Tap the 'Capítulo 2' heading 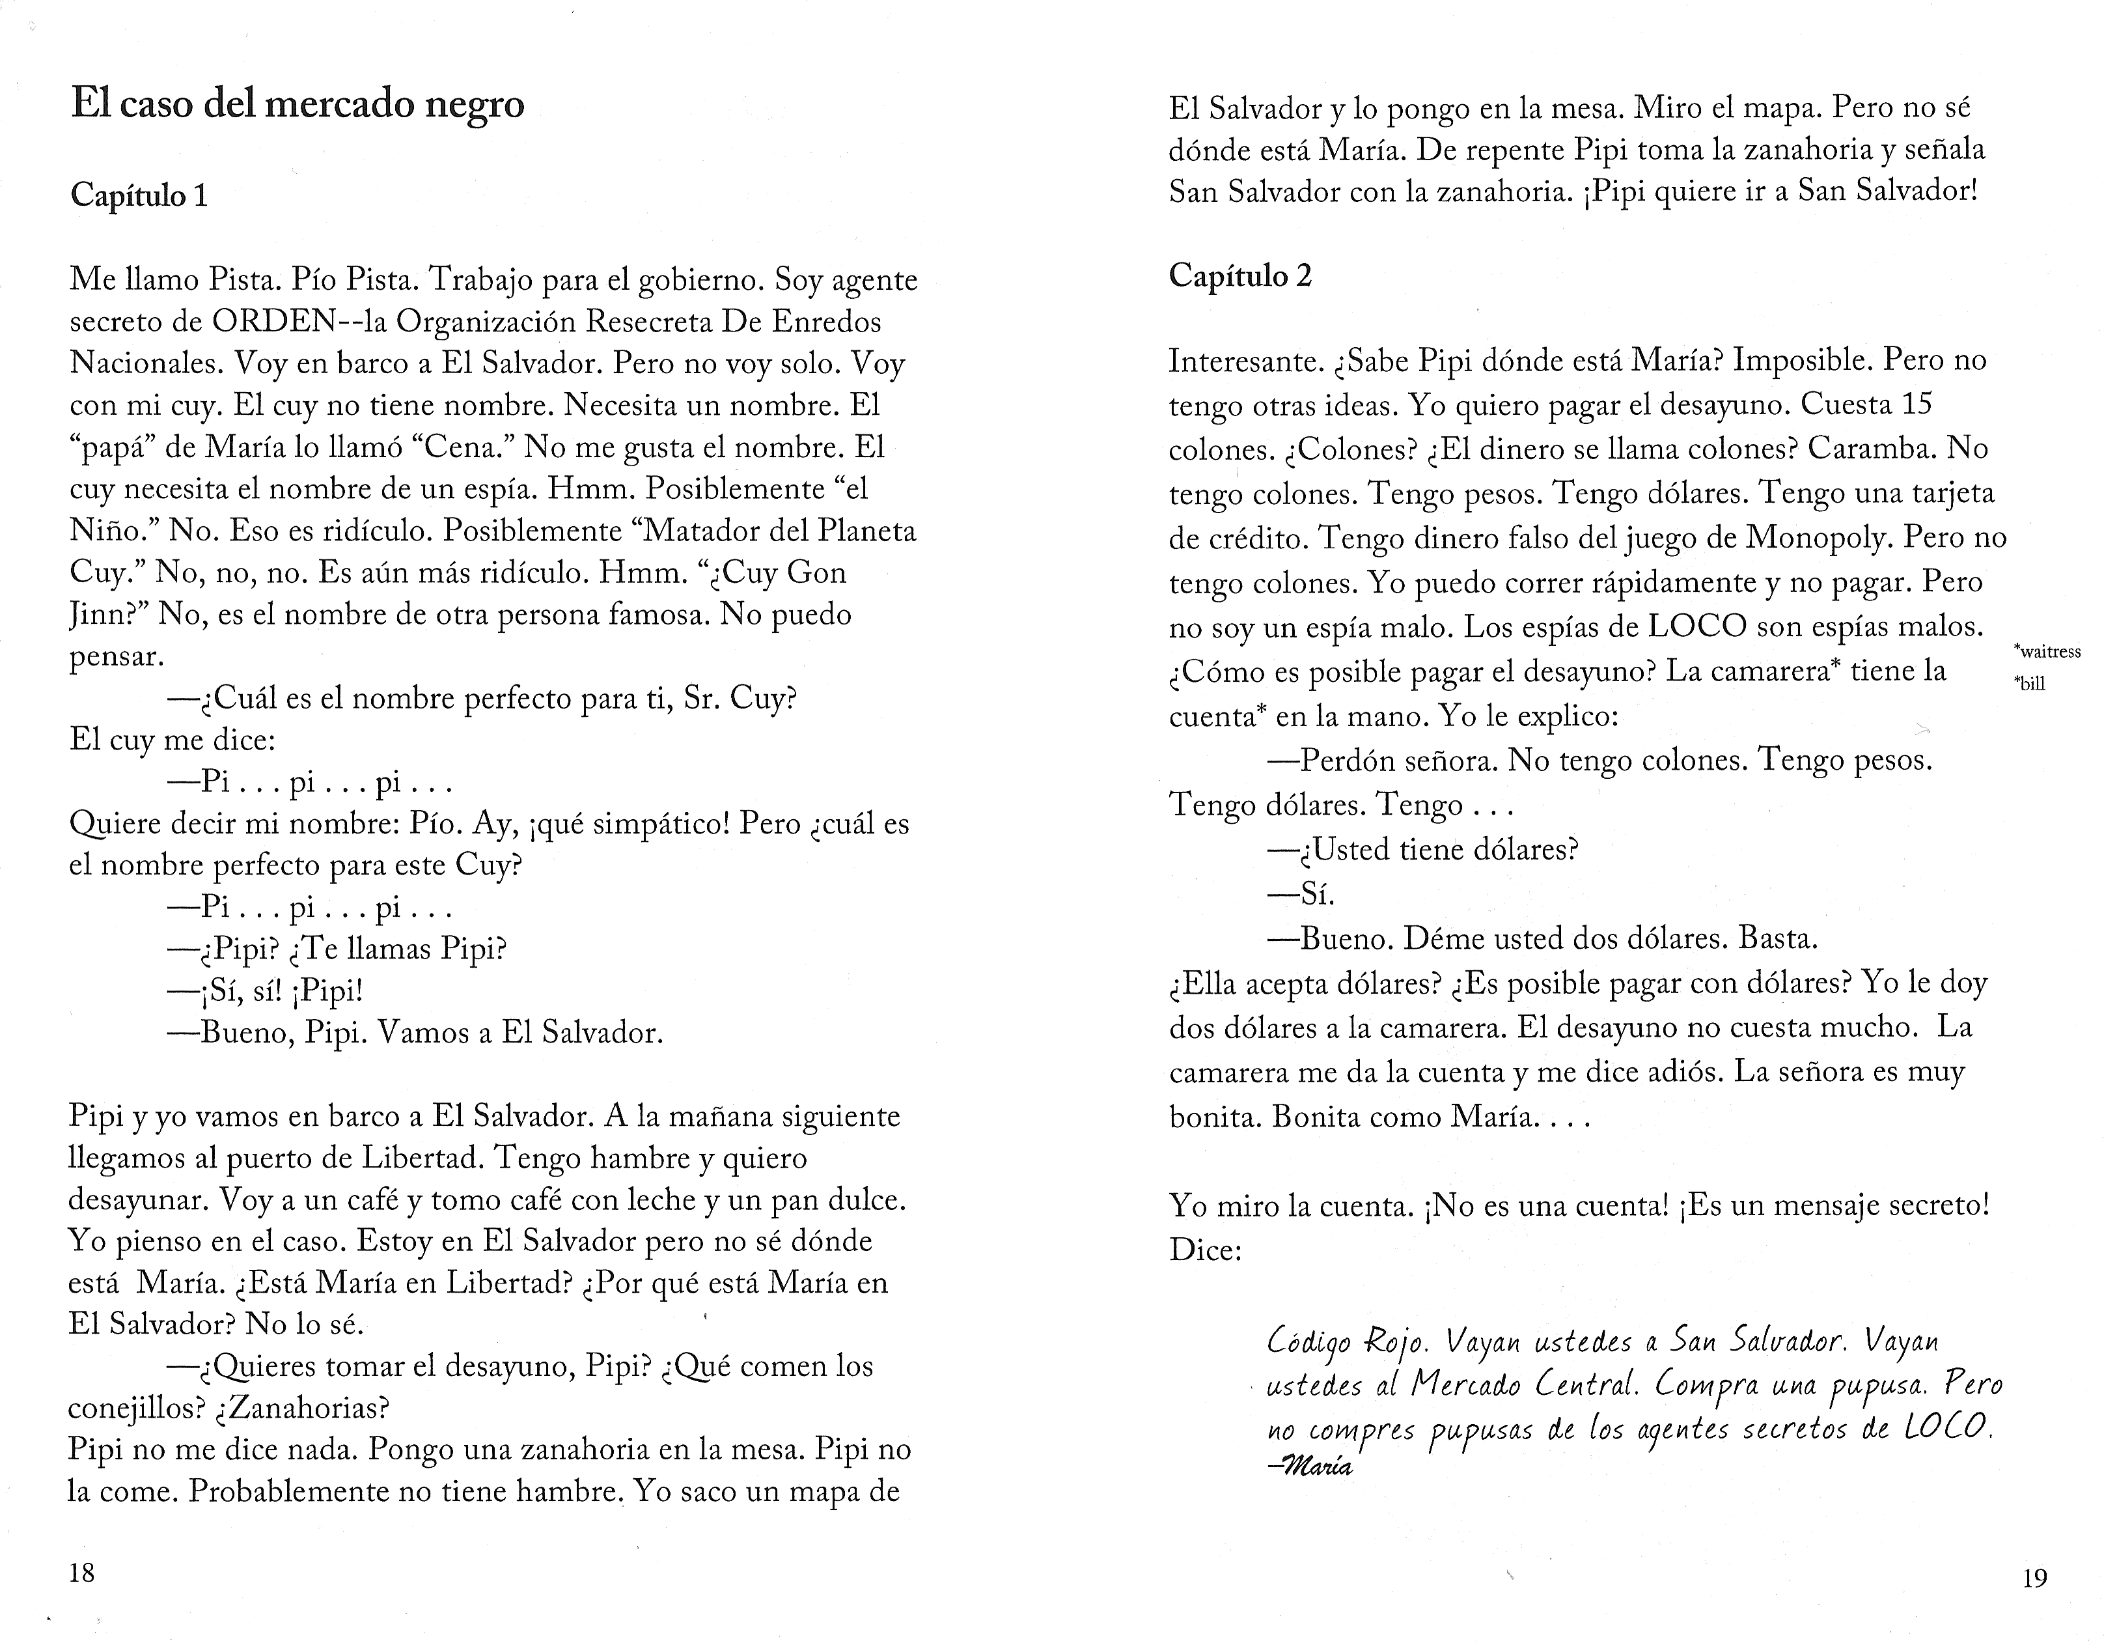point(1240,277)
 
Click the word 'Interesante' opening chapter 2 point(1242,360)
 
